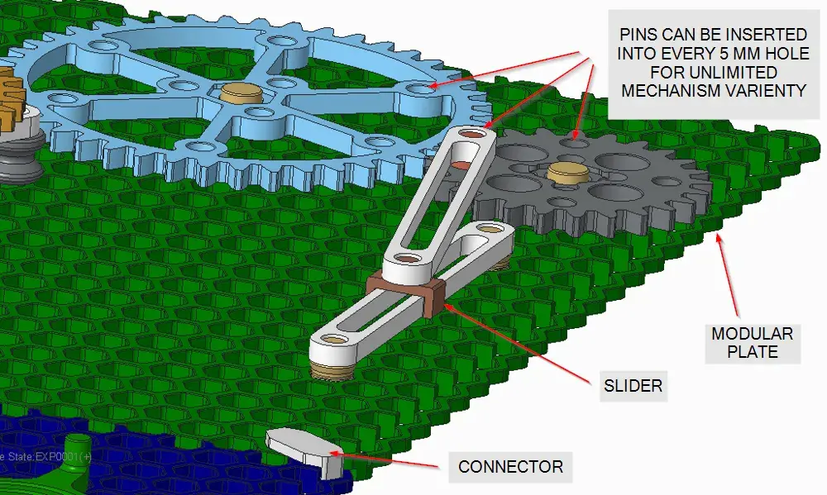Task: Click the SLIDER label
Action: pos(633,386)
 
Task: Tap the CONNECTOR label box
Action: pos(510,467)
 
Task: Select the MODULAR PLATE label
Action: pos(753,343)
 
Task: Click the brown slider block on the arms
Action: pos(406,293)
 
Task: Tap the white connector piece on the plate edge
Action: pos(306,450)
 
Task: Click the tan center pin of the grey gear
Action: pos(567,174)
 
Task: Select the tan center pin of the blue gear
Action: pos(241,93)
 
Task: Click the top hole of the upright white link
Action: pos(473,135)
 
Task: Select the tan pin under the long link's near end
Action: pos(328,369)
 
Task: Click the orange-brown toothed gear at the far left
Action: pos(12,99)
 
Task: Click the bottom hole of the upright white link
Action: pos(405,259)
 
